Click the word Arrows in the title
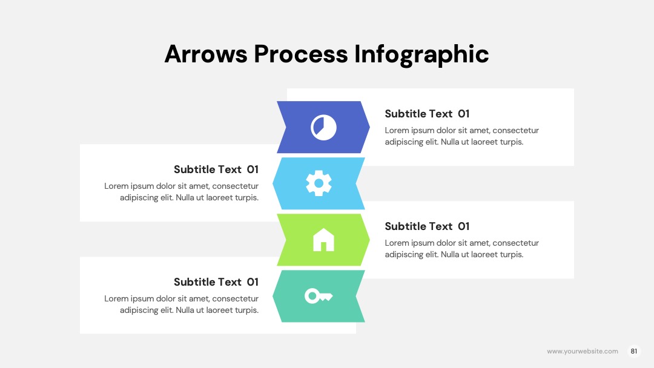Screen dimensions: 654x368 pyautogui.click(x=206, y=54)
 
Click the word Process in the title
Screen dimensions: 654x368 pyautogui.click(x=301, y=54)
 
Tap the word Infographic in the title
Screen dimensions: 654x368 pyautogui.click(x=421, y=55)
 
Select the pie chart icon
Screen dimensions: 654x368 pyautogui.click(x=323, y=127)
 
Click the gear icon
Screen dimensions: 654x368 pyautogui.click(x=319, y=183)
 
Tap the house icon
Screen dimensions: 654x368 pyautogui.click(x=323, y=240)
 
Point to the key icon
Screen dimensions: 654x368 pyautogui.click(x=319, y=296)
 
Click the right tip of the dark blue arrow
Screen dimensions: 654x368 pyautogui.click(x=369, y=126)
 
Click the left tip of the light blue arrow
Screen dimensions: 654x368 pyautogui.click(x=272, y=183)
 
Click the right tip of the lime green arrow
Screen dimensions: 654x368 pyautogui.click(x=369, y=240)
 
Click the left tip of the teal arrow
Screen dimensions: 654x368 pyautogui.click(x=272, y=297)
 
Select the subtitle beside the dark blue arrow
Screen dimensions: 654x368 pyautogui.click(x=427, y=114)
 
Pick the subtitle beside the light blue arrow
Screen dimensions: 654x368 pyautogui.click(x=216, y=169)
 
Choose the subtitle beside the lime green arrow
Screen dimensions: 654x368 pyautogui.click(x=427, y=226)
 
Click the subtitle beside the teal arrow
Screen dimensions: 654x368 pyautogui.click(x=216, y=282)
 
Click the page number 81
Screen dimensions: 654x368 pyautogui.click(x=633, y=351)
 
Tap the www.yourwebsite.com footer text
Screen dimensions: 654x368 pyautogui.click(x=583, y=351)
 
